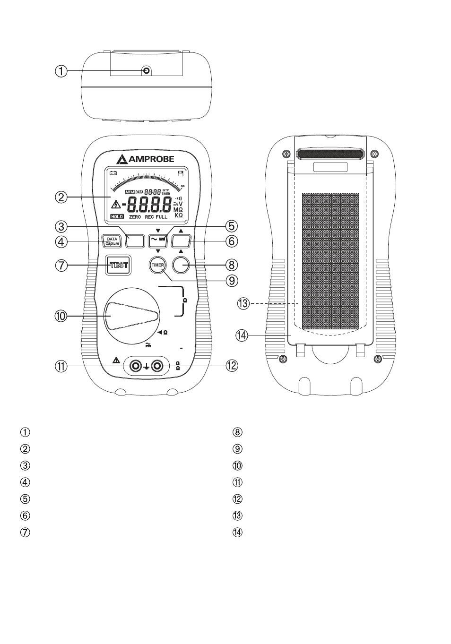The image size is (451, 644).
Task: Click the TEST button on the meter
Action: tap(119, 265)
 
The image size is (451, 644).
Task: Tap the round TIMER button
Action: tap(157, 265)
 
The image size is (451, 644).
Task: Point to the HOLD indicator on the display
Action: tap(117, 216)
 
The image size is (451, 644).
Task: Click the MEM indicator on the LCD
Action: tap(130, 192)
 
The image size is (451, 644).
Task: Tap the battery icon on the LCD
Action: tap(113, 173)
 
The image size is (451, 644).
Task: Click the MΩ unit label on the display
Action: tap(179, 209)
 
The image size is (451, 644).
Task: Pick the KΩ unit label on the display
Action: tap(179, 215)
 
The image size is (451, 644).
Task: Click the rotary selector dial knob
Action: tap(132, 316)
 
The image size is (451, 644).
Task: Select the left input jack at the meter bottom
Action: tap(136, 366)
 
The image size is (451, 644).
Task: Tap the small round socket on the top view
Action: tap(146, 70)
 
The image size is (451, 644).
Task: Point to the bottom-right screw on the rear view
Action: tap(378, 360)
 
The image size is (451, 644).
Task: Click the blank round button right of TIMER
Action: tap(181, 265)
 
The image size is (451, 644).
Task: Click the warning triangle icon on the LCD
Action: tap(115, 205)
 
